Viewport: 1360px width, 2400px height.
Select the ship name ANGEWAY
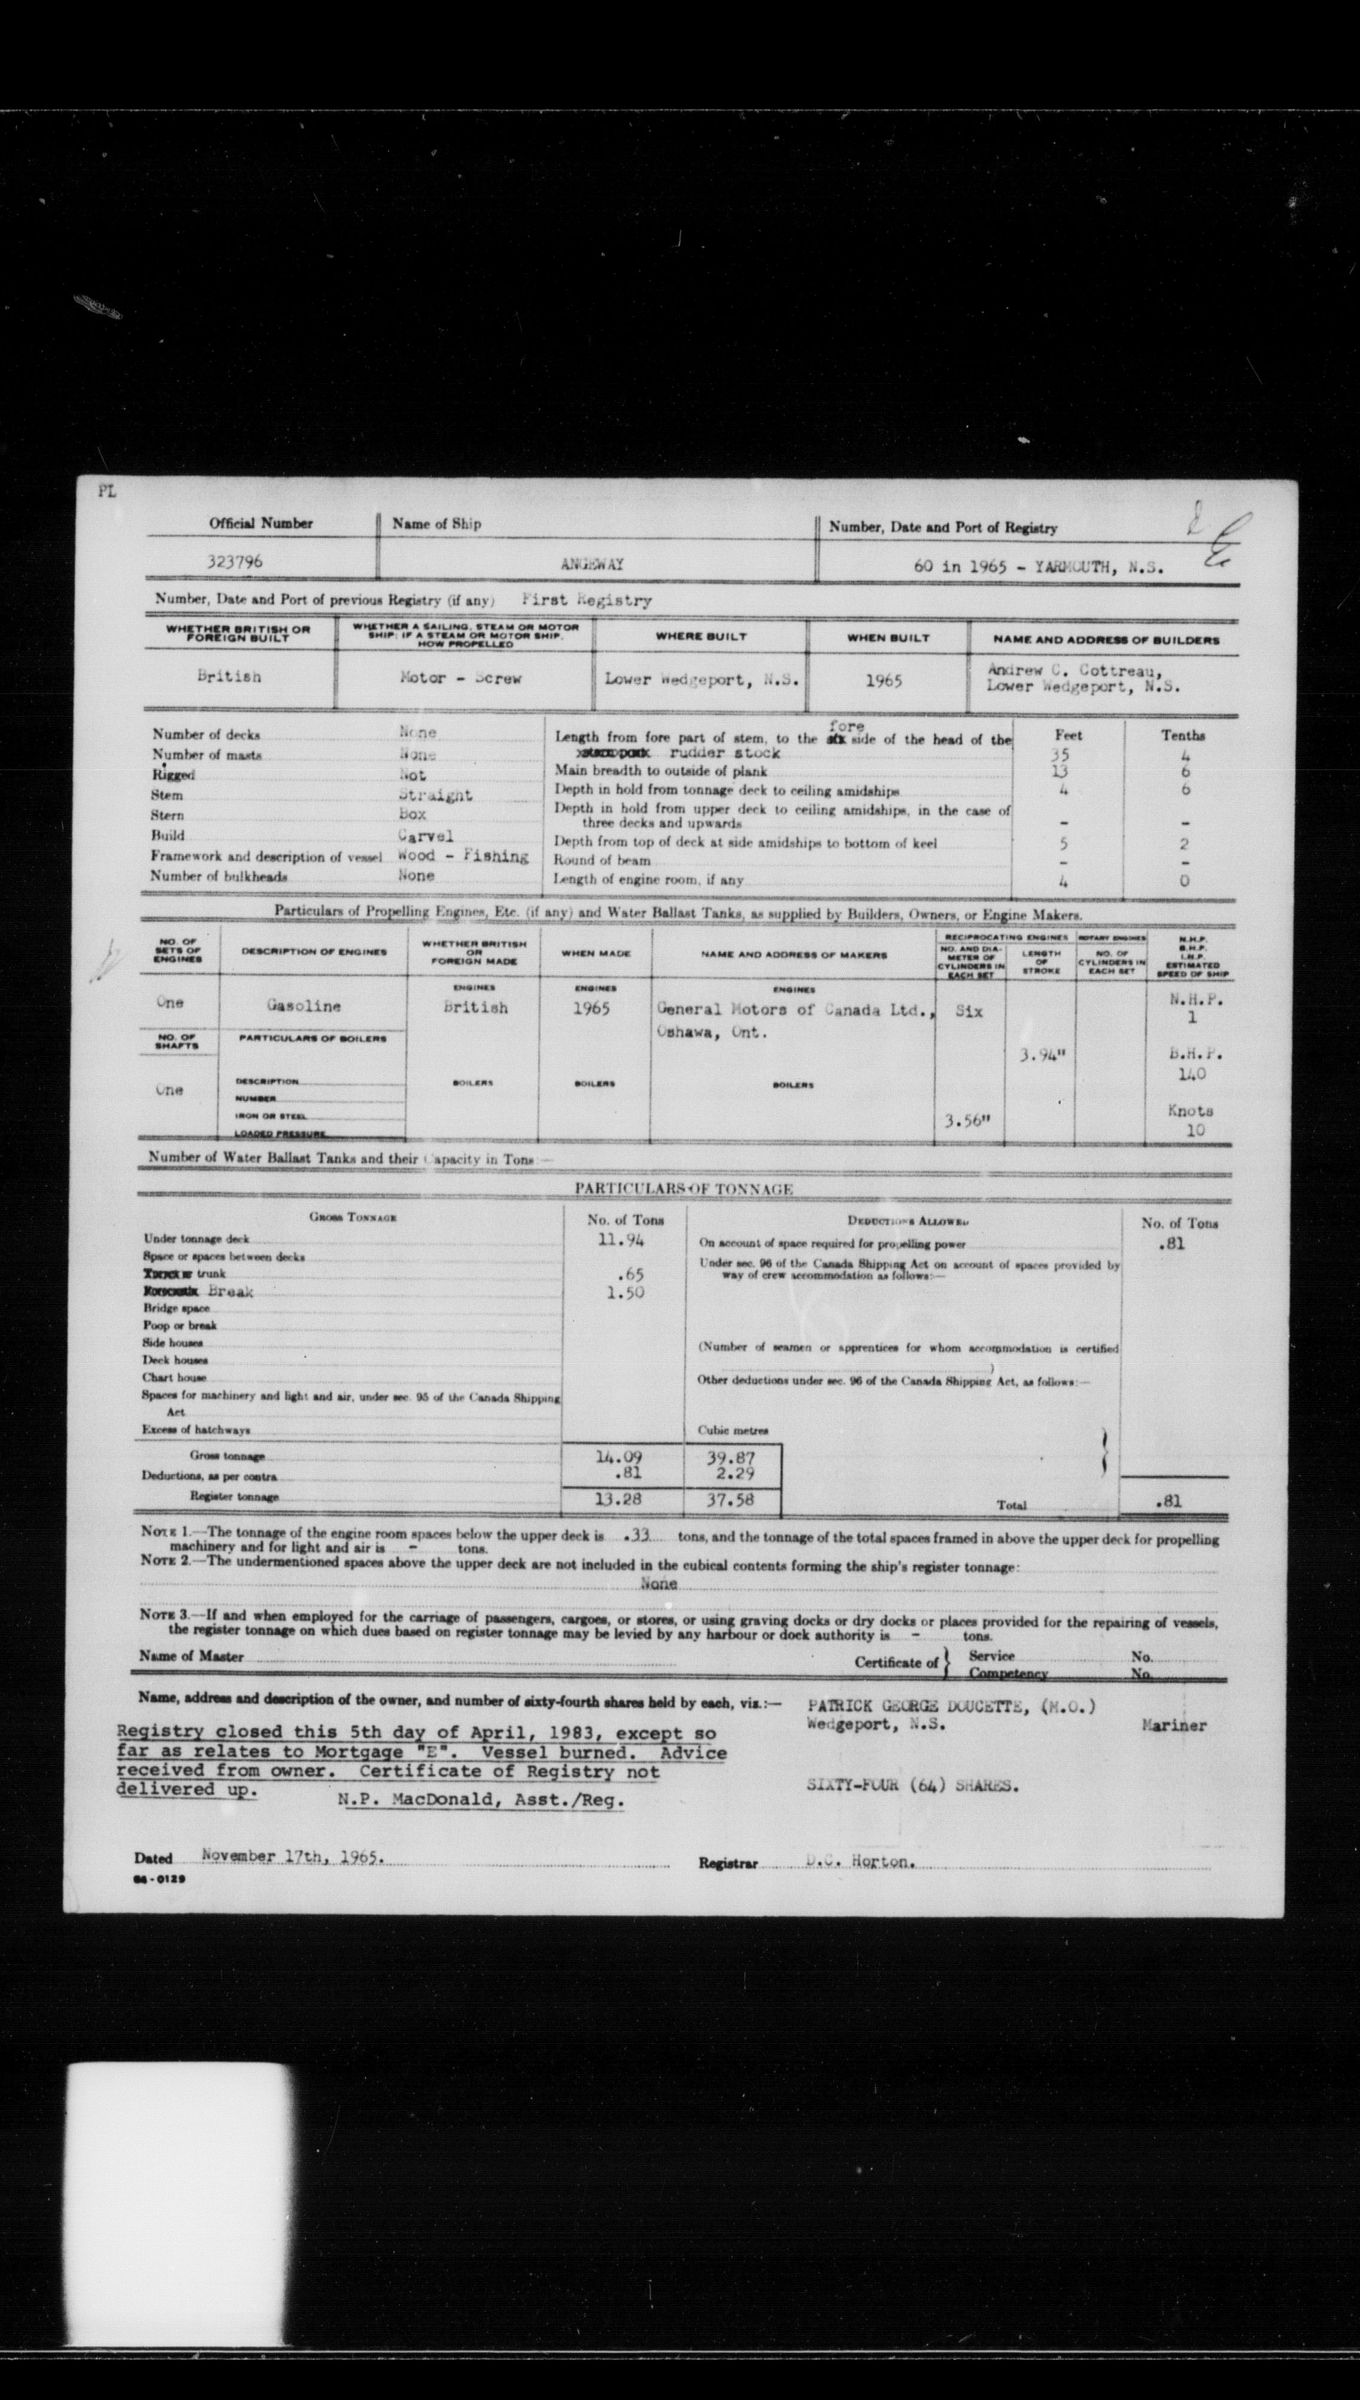(592, 564)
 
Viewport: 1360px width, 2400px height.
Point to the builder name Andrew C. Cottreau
(1074, 670)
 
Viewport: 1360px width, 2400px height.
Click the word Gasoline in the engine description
(303, 1006)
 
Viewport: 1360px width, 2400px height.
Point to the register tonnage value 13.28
(620, 1499)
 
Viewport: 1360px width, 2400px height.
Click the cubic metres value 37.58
(732, 1499)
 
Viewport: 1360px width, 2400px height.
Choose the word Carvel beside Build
(425, 835)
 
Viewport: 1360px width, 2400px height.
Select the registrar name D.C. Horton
(857, 1861)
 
